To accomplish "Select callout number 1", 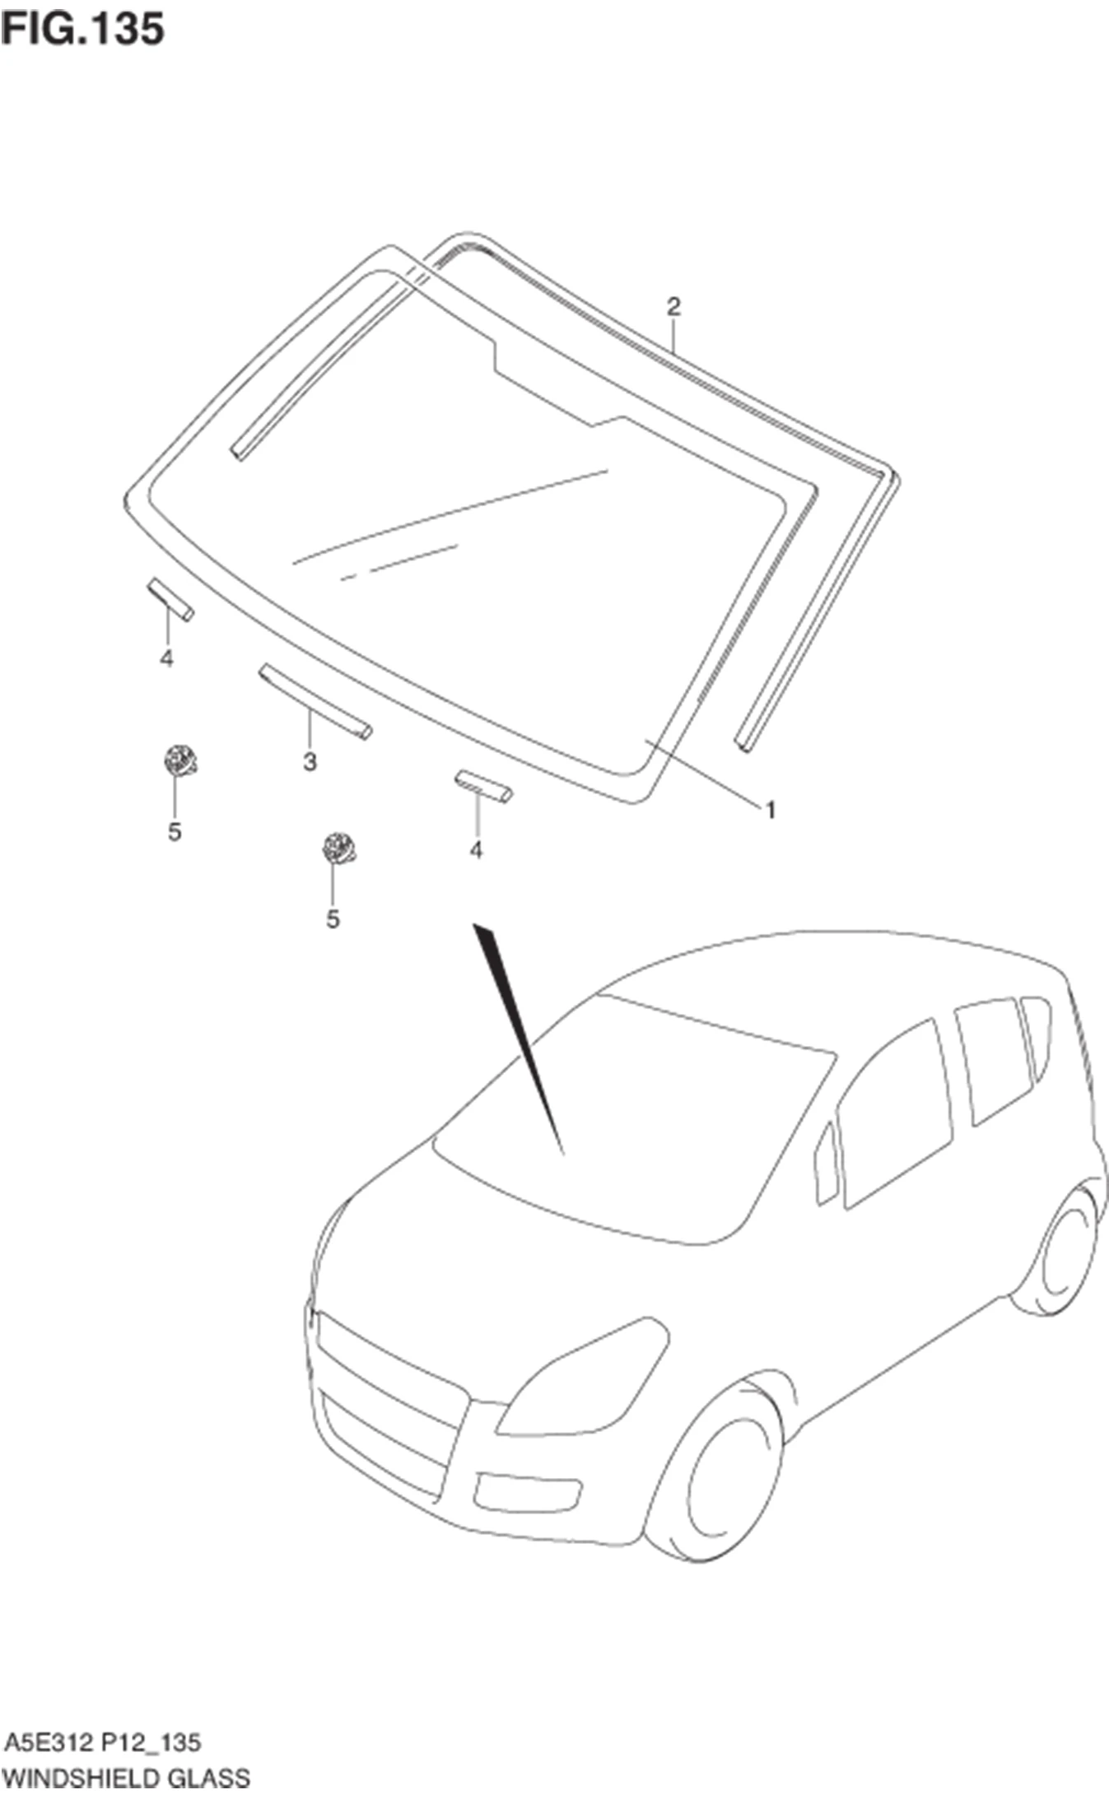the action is [x=771, y=811].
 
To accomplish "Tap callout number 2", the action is [x=673, y=307].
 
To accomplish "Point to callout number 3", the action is [x=310, y=761].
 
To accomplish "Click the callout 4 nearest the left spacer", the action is [x=167, y=658].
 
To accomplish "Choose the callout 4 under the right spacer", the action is [x=476, y=850].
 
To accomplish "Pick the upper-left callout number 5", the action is [x=175, y=832].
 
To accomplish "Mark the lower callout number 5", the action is [x=333, y=919].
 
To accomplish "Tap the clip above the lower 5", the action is [x=338, y=848].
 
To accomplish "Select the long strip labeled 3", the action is [x=315, y=701].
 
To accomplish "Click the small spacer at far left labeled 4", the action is [x=170, y=600].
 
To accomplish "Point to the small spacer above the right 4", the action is [x=483, y=786].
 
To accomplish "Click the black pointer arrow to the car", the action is [x=517, y=1039].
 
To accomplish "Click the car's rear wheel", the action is [x=1059, y=1252].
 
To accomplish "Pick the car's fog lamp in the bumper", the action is [x=528, y=1492].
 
